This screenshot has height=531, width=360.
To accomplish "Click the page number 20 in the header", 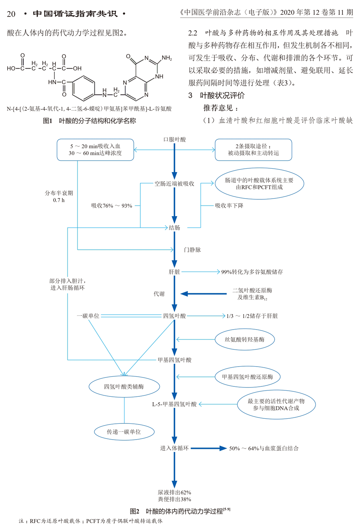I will pyautogui.click(x=11, y=14).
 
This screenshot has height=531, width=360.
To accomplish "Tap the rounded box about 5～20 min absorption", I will pyautogui.click(x=95, y=150).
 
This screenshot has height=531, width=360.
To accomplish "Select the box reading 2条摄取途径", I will pyautogui.click(x=253, y=150).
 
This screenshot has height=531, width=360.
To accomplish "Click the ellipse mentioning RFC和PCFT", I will pyautogui.click(x=259, y=183).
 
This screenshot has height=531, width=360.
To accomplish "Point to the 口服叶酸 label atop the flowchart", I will pyautogui.click(x=175, y=139).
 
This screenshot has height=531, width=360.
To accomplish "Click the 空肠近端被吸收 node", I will pyautogui.click(x=174, y=183).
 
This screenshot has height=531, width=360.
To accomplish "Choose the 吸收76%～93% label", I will pyautogui.click(x=112, y=206).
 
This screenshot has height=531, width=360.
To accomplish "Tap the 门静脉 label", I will pyautogui.click(x=192, y=250).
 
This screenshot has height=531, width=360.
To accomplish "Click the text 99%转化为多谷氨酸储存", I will pyautogui.click(x=252, y=272).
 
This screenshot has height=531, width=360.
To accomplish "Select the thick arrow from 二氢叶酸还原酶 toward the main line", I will pyautogui.click(x=203, y=294).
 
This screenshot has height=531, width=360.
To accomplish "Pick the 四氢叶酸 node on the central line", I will pyautogui.click(x=175, y=316).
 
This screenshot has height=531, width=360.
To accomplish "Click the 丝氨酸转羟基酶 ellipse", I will pyautogui.click(x=245, y=339).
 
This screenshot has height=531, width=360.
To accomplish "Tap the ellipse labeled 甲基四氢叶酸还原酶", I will pyautogui.click(x=248, y=377).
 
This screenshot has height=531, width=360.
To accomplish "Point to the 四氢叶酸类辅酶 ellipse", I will pyautogui.click(x=124, y=387).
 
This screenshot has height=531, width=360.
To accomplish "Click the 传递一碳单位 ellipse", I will pyautogui.click(x=124, y=432).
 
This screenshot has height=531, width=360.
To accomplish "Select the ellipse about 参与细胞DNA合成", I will pyautogui.click(x=276, y=404).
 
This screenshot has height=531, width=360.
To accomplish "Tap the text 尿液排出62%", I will pyautogui.click(x=175, y=492).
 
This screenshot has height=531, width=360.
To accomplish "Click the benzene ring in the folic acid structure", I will pyautogui.click(x=84, y=88).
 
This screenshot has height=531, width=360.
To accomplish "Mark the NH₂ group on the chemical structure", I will pyautogui.click(x=167, y=58).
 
